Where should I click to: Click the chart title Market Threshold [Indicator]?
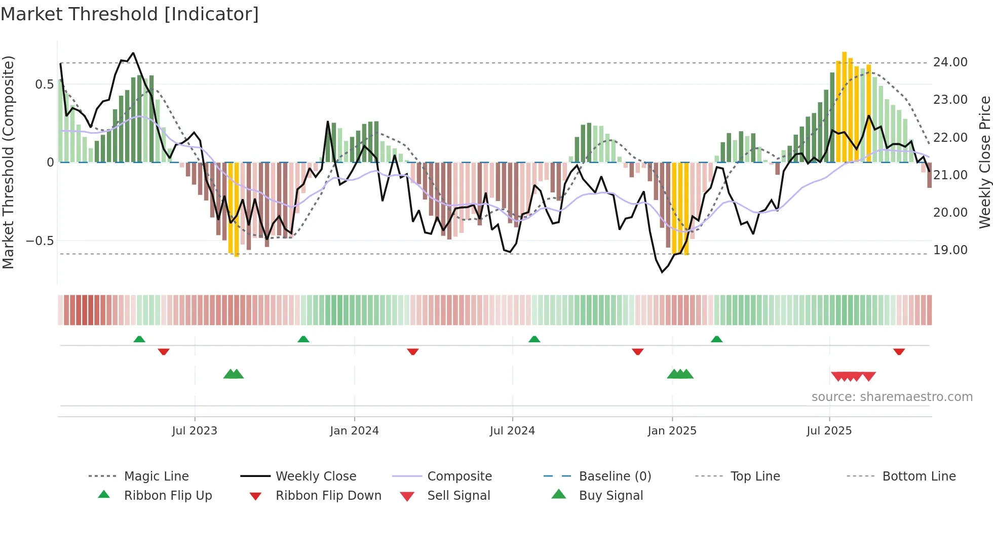130,14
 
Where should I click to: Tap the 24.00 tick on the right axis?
950,62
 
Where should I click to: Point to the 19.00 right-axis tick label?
950,250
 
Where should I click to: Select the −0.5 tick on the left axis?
40,241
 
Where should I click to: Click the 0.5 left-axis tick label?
45,85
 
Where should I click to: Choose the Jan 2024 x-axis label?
354,431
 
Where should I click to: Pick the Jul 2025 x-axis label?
829,431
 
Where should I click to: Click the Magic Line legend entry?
156,476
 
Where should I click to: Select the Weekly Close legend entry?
316,476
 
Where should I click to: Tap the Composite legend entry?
460,476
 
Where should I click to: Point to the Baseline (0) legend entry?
615,476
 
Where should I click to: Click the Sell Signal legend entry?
459,496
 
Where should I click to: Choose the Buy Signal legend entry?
610,496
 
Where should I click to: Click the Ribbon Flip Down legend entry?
328,496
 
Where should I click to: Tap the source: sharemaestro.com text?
892,397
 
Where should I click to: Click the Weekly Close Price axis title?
984,162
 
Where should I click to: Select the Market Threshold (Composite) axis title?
8,162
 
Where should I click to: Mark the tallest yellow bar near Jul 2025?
844,106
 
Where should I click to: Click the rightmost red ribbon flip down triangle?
899,351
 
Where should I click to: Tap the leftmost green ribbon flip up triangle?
139,339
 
